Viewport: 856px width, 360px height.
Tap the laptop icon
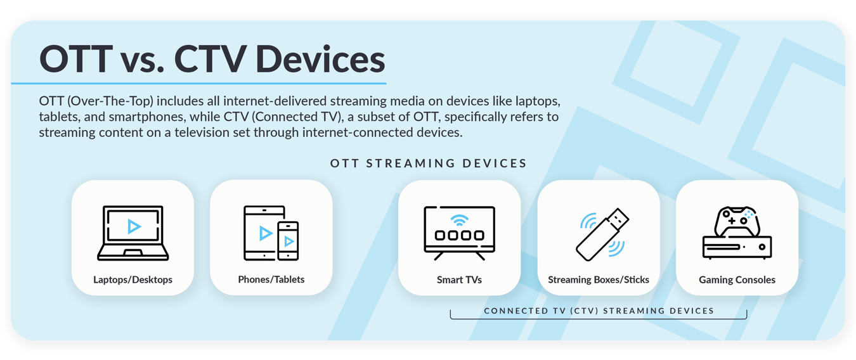click(133, 233)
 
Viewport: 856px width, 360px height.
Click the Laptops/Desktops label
click(133, 280)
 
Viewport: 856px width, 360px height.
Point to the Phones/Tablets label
click(271, 280)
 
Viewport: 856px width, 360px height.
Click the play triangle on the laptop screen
click(133, 226)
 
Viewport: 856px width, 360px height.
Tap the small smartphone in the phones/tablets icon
click(288, 241)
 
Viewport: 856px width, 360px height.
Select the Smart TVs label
click(459, 280)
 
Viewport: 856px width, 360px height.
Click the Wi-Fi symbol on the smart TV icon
click(459, 221)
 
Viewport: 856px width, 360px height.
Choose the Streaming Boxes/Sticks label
click(598, 280)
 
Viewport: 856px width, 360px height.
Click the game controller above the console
click(737, 221)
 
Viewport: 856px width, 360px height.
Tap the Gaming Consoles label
click(737, 280)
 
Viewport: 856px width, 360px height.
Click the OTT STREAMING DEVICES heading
click(429, 164)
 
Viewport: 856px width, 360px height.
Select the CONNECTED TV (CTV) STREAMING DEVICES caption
click(599, 311)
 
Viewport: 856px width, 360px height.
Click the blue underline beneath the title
click(198, 83)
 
